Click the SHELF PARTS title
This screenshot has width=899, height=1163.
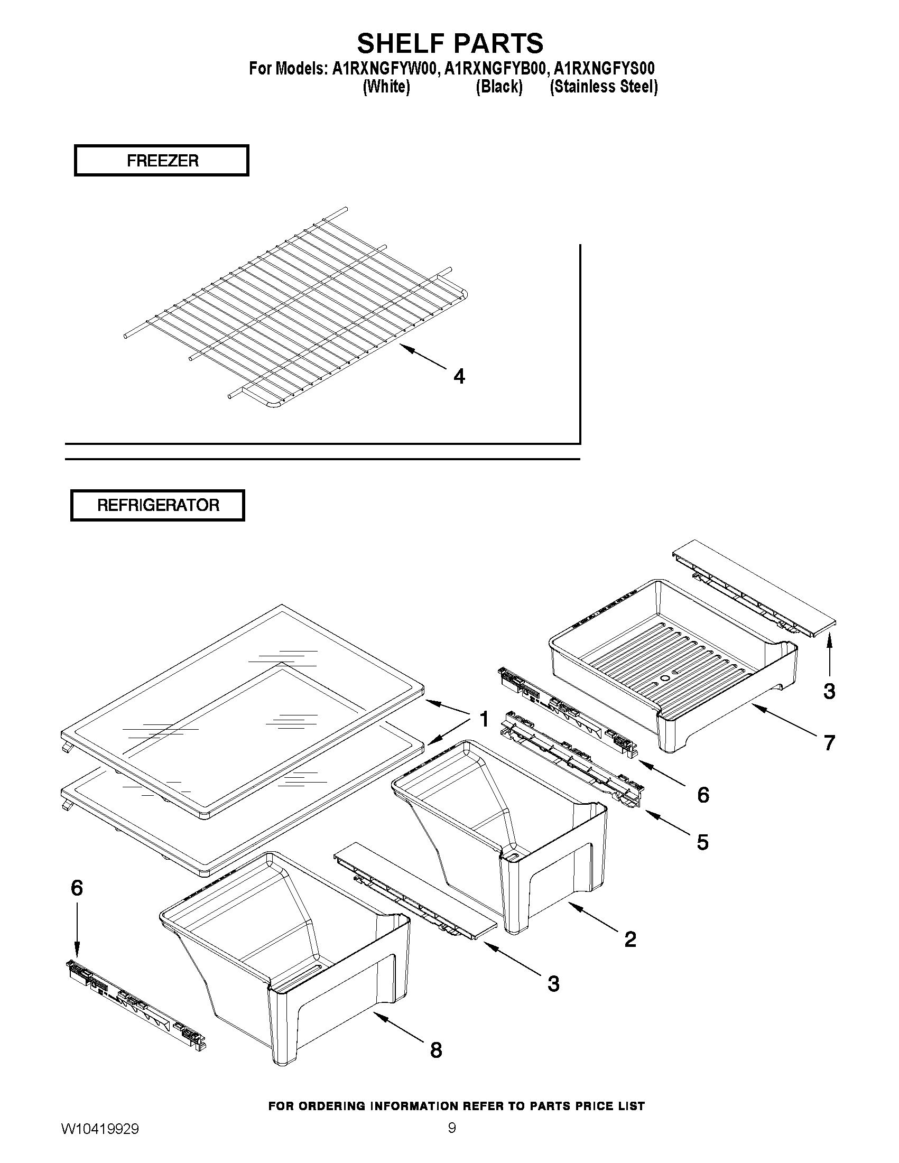point(450,43)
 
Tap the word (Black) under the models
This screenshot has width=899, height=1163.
point(498,87)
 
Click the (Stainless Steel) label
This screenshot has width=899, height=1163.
point(604,87)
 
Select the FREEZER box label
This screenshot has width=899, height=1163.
point(162,160)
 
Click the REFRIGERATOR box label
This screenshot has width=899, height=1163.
point(157,505)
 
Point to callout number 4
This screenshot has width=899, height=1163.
point(459,377)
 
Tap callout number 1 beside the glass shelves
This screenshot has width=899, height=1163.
point(484,720)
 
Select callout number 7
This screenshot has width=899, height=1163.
point(829,743)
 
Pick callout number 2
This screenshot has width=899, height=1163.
point(630,939)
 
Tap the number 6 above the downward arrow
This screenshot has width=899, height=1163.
point(77,888)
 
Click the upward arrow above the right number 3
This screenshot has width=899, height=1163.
point(829,654)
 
